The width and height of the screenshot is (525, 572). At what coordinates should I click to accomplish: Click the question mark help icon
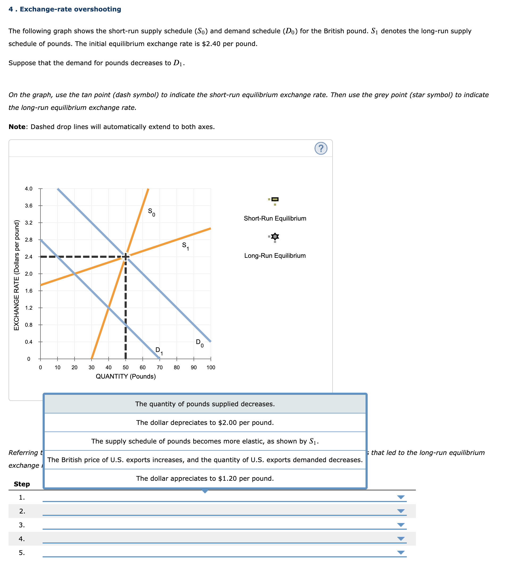click(x=321, y=148)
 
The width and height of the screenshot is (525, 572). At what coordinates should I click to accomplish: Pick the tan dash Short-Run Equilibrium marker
click(x=275, y=199)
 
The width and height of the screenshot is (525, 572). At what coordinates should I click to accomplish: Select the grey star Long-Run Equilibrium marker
click(x=275, y=237)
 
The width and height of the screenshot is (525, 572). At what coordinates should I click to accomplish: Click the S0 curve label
click(x=151, y=212)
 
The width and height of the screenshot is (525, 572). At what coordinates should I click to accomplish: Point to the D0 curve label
click(x=199, y=343)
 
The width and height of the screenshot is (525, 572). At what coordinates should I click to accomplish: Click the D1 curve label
click(x=159, y=351)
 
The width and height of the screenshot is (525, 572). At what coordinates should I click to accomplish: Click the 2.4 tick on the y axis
click(x=29, y=257)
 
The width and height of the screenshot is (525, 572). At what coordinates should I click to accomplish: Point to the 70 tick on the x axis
click(x=160, y=367)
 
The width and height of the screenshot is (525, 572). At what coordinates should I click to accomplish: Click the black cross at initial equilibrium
click(x=126, y=257)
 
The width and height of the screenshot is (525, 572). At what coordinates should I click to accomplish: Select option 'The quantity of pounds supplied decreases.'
click(x=205, y=404)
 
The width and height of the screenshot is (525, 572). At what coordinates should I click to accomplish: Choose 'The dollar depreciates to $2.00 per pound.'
click(x=205, y=423)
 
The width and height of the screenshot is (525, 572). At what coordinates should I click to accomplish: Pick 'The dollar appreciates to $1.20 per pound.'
click(x=205, y=478)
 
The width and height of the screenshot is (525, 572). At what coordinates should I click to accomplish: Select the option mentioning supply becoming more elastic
click(x=205, y=441)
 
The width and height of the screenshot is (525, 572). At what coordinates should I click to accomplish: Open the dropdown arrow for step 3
click(x=401, y=525)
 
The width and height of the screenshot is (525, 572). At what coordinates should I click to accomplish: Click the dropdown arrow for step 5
click(x=401, y=552)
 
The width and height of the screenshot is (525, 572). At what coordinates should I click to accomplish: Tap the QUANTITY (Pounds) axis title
click(x=126, y=376)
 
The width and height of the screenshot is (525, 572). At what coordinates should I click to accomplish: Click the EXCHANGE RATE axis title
click(x=17, y=275)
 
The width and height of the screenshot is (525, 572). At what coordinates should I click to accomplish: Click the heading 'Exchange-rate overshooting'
click(x=70, y=9)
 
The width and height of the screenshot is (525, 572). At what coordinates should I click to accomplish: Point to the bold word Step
click(x=22, y=484)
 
